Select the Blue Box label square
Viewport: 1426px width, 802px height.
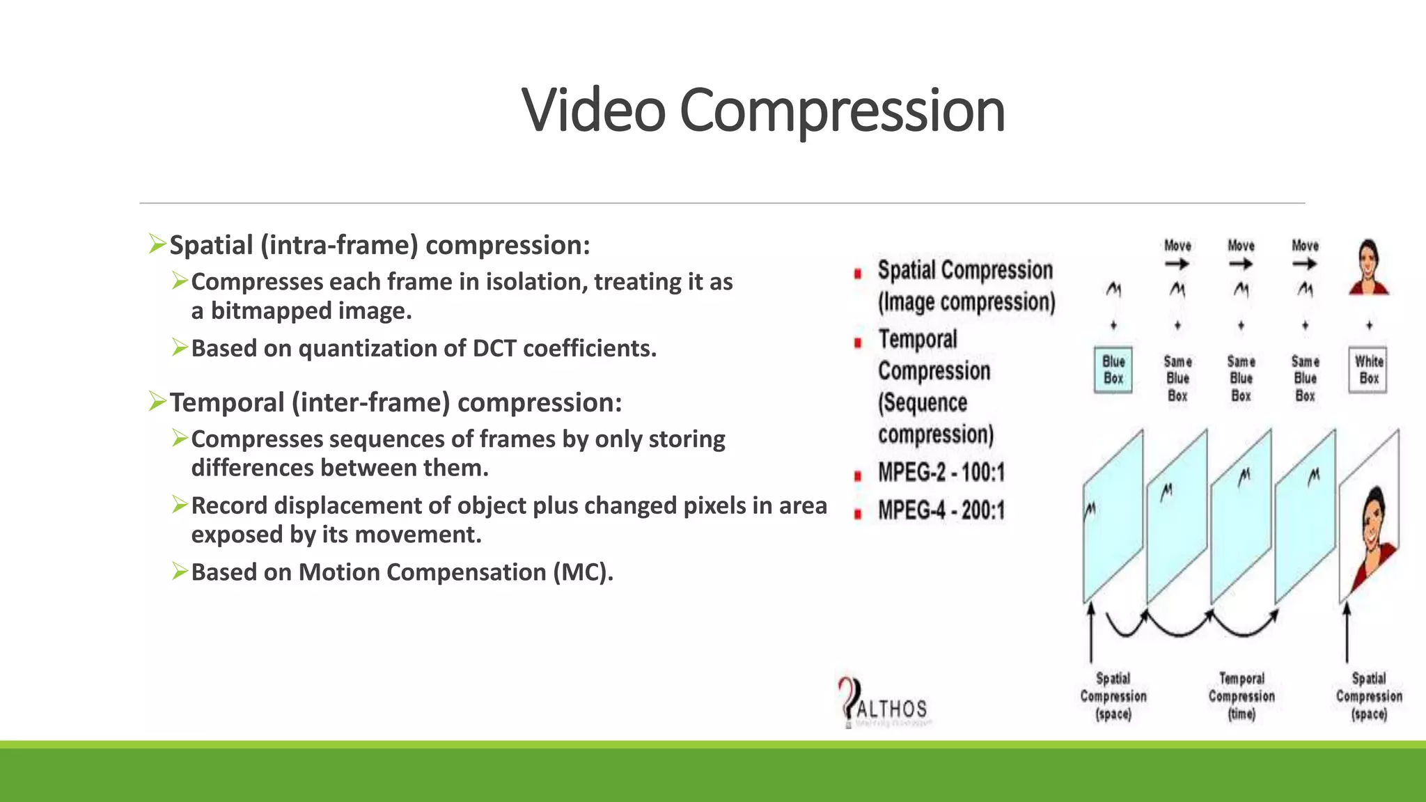(x=1113, y=370)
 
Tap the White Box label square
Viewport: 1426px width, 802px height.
(x=1368, y=370)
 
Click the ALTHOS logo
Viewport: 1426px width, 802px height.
(x=884, y=704)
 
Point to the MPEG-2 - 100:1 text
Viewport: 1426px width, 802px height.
(x=941, y=473)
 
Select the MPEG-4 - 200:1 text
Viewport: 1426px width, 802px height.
(x=941, y=510)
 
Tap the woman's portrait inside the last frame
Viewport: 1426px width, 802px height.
(x=1374, y=529)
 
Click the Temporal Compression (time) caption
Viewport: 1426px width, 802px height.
(x=1241, y=695)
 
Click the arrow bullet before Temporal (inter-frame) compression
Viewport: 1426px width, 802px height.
(x=157, y=402)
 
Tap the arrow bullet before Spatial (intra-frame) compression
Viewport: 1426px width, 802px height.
(x=157, y=244)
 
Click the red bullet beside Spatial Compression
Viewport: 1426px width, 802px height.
(x=858, y=274)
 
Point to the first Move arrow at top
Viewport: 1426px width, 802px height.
(x=1177, y=264)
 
